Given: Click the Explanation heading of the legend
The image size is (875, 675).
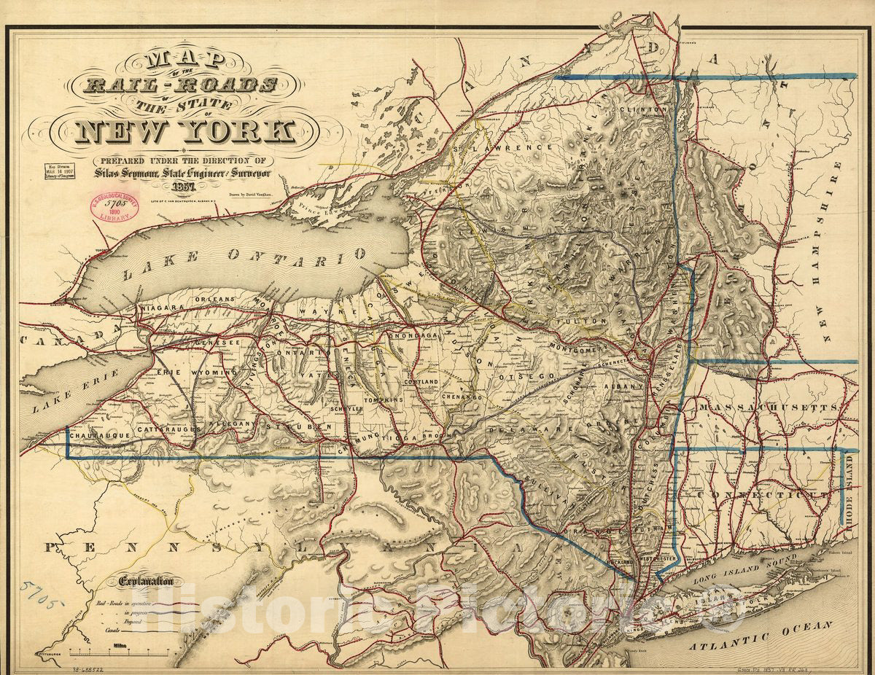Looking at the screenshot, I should [x=142, y=581].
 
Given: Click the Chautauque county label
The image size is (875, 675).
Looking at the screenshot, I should [x=98, y=434].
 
